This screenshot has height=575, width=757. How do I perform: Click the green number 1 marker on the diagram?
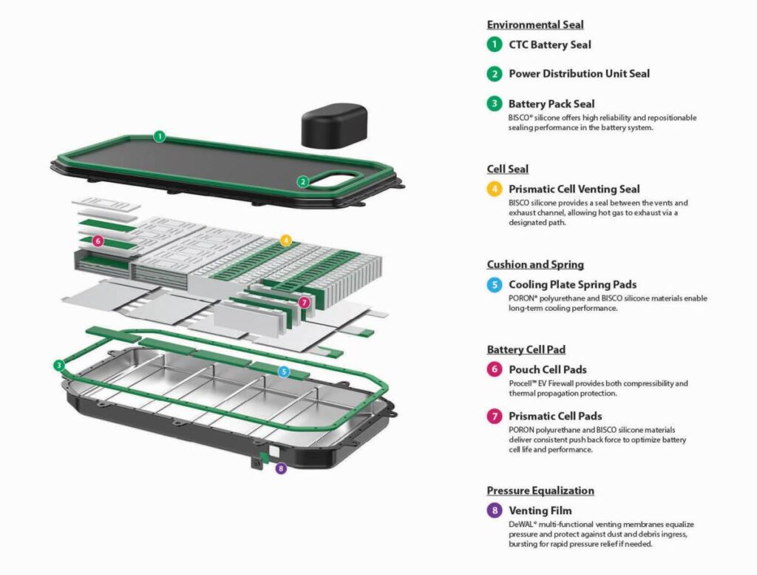coord(159,136)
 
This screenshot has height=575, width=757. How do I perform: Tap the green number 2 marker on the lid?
coord(303,181)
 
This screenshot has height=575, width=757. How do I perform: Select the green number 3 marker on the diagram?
coord(59,365)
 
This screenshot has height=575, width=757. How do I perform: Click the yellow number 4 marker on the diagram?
coord(286,241)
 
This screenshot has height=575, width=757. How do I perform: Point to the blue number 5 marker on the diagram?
coord(284,371)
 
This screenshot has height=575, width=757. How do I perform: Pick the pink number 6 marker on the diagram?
coord(98,241)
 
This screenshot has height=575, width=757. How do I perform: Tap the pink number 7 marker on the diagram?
coord(304,302)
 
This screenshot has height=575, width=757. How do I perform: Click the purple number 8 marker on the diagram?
coord(280,468)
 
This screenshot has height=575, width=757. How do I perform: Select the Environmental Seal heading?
coord(534,25)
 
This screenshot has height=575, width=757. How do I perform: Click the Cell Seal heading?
coord(507,169)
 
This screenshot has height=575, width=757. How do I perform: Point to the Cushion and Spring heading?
coord(535,264)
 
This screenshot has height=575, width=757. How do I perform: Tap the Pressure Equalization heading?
coord(540,491)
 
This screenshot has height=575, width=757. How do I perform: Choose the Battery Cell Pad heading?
coord(526,349)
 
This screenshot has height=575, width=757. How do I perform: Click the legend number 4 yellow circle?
coord(494,189)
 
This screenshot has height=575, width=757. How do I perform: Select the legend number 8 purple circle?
coord(494,511)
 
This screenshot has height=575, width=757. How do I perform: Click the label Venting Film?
coord(540,511)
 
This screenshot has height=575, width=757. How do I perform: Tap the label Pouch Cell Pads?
coord(548,369)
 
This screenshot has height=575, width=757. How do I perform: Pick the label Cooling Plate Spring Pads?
coord(572,284)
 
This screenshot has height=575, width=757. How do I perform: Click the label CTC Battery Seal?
coord(550,44)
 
